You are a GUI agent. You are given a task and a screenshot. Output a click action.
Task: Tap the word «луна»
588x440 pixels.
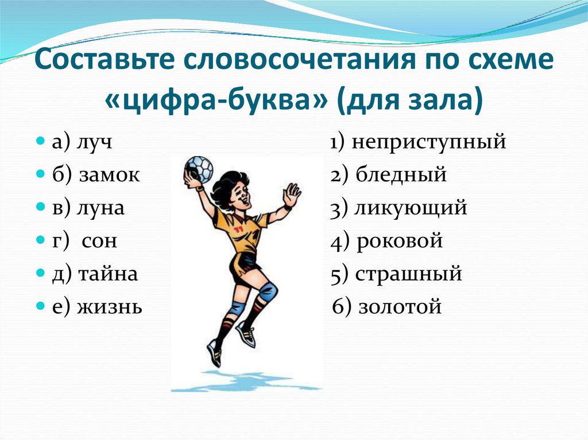click(100, 208)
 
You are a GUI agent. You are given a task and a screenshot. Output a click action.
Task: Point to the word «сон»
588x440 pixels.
click(99, 241)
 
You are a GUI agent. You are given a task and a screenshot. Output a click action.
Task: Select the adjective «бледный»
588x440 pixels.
click(400, 175)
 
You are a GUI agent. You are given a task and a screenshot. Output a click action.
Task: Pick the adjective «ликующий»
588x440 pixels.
click(411, 208)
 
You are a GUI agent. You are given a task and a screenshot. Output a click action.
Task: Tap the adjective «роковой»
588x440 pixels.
click(399, 241)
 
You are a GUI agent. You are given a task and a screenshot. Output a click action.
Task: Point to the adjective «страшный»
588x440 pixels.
click(408, 274)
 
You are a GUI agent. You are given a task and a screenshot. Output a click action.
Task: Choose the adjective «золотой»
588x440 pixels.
click(400, 307)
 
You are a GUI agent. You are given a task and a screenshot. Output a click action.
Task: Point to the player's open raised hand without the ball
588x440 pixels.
click(292, 195)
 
